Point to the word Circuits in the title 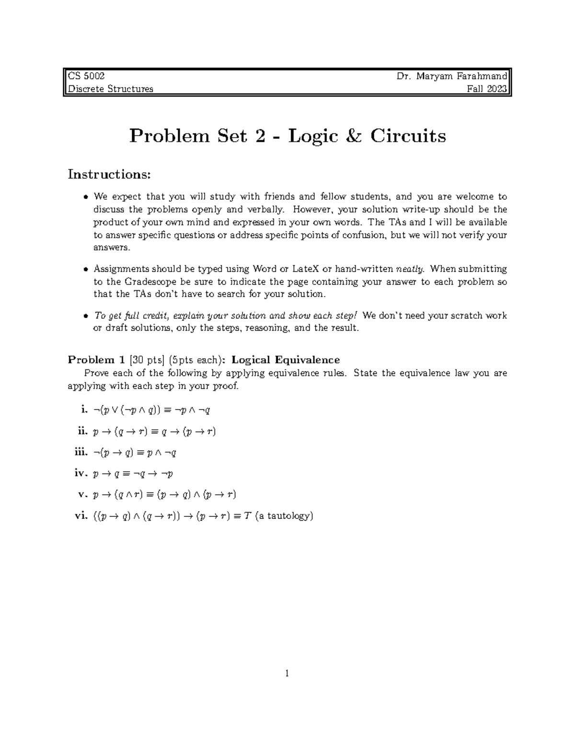coord(407,136)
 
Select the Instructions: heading coord(109,174)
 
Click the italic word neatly coord(409,269)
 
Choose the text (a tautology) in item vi coord(285,516)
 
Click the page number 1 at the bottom coord(287,674)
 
